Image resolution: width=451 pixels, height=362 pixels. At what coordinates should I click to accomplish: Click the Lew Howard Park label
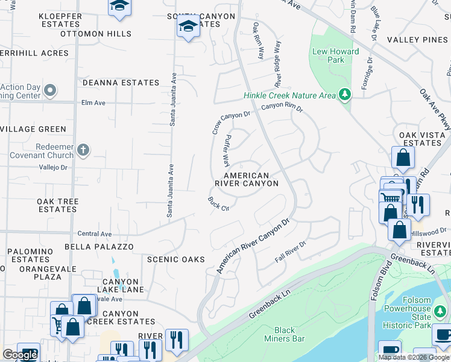tap(336, 56)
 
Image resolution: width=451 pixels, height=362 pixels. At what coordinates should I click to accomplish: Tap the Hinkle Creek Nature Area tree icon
tap(345, 95)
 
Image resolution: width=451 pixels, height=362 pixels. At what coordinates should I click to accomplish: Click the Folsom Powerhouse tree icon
tap(441, 313)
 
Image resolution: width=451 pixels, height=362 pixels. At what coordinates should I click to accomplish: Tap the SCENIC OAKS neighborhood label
tap(176, 259)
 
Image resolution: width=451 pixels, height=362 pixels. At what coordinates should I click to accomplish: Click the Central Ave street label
tap(95, 233)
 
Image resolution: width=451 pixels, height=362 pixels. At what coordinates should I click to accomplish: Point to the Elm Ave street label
tap(93, 103)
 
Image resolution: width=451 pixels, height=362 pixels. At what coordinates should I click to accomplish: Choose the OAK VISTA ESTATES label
tap(420, 139)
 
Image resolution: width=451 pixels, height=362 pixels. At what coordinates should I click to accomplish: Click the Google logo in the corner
tap(20, 355)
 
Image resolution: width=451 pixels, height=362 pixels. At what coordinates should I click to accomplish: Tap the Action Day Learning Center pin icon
tap(50, 91)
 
